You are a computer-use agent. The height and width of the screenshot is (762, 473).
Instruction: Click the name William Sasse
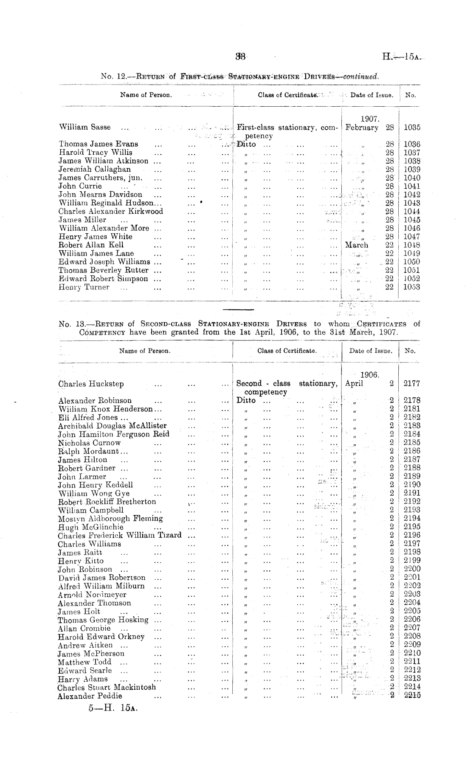85,127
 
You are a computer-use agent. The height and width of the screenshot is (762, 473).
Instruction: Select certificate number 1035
411,127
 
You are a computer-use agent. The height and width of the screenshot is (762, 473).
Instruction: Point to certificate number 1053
411,287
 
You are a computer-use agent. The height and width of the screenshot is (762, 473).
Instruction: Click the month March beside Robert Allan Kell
357,245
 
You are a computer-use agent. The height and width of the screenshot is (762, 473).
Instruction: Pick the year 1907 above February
369,119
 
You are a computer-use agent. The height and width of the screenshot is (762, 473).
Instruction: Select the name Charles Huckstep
91,384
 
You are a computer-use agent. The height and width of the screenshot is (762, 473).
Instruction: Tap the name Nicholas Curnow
89,443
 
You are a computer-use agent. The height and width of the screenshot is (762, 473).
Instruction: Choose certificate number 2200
411,569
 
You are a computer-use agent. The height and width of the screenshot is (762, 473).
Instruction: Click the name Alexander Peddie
90,696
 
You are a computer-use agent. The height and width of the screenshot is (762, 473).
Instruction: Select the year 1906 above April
369,375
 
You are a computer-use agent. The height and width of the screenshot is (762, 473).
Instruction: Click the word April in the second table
354,384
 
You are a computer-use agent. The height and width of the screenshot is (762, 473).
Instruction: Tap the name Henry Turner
84,287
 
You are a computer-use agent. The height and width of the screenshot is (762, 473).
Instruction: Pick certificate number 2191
411,493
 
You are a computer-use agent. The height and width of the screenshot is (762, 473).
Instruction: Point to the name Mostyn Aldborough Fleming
110,518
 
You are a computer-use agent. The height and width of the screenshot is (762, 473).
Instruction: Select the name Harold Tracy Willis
95,152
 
